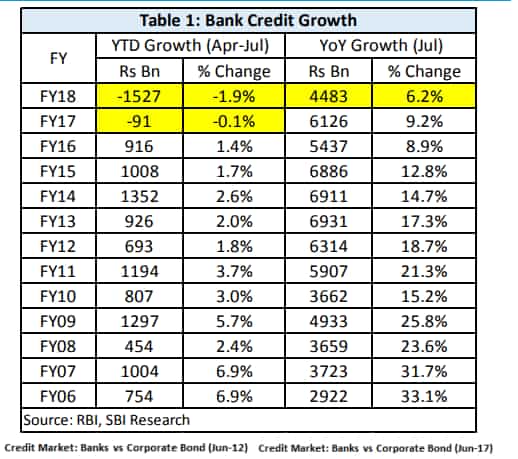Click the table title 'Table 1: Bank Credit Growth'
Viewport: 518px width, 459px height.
[248, 20]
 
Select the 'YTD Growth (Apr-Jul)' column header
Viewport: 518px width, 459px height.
[190, 45]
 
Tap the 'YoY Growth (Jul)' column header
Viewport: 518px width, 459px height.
[381, 45]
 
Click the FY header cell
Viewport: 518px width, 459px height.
[58, 58]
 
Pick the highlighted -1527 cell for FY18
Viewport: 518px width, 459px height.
[139, 96]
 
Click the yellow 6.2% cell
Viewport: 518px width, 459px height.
[424, 96]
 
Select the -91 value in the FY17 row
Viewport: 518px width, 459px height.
[139, 121]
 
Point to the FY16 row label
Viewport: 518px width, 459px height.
[58, 146]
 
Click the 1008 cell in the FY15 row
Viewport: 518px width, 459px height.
[139, 171]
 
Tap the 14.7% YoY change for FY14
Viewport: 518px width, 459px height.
[424, 196]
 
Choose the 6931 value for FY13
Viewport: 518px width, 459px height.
[329, 221]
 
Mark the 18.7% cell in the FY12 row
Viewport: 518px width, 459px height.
[424, 246]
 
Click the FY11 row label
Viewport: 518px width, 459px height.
[58, 271]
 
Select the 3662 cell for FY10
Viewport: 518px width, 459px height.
[329, 296]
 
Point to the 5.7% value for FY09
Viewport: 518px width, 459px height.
[234, 321]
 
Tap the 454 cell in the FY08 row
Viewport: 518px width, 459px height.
[139, 346]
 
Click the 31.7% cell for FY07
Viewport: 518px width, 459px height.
[424, 371]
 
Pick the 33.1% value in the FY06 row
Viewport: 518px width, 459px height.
[424, 396]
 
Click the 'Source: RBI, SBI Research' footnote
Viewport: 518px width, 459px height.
[107, 420]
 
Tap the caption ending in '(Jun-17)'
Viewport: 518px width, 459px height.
[376, 448]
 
